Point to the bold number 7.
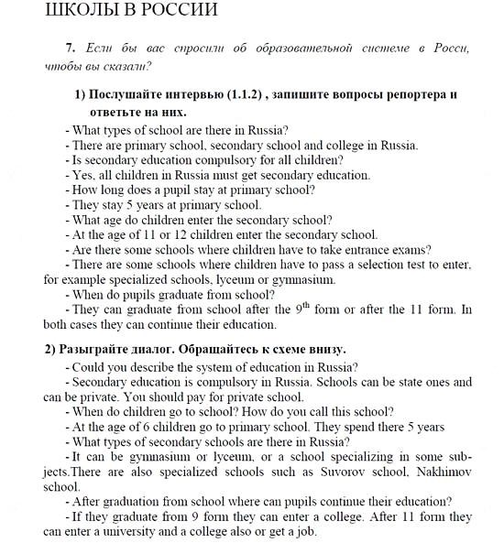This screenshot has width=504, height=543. pos(69,48)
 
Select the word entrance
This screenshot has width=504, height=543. pos(368,249)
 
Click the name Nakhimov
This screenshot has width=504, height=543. pos(438,472)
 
